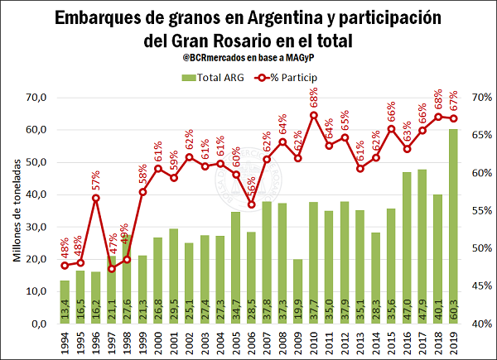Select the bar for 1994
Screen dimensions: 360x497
(x=65, y=302)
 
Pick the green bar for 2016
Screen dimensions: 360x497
(x=407, y=247)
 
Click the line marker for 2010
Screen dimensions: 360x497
(x=313, y=114)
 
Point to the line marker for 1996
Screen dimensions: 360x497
(x=96, y=198)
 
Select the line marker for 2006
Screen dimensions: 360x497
(x=251, y=204)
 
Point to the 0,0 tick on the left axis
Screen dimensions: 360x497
(x=36, y=324)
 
